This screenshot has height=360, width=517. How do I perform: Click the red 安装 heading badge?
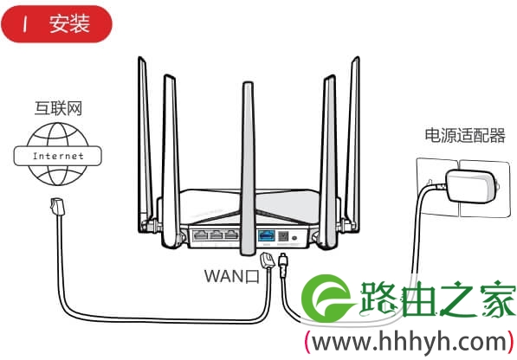[56, 23]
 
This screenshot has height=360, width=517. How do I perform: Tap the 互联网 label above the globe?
[58, 108]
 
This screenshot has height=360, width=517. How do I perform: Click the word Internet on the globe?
[58, 156]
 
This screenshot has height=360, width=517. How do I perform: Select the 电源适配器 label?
[465, 136]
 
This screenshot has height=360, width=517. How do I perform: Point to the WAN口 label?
[232, 276]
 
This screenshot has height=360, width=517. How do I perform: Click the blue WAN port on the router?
[267, 236]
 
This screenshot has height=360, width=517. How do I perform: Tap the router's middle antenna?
[248, 168]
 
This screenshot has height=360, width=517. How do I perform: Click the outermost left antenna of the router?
[145, 144]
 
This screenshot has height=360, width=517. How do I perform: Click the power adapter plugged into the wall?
[471, 186]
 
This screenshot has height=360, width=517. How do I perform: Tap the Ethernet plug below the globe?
[57, 207]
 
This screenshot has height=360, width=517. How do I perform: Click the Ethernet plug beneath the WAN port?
[268, 260]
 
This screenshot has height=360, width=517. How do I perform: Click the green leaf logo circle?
[326, 299]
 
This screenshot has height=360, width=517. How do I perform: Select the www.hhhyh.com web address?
[410, 342]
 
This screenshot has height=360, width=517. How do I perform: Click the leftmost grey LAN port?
[200, 235]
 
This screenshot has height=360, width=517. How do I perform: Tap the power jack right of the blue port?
[283, 236]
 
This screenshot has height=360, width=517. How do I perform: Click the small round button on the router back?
[294, 237]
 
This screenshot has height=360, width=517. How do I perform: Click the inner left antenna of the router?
[171, 161]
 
